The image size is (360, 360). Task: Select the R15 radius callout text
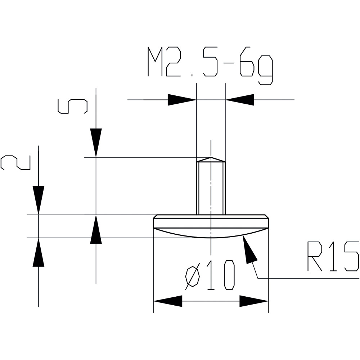tap(333, 257)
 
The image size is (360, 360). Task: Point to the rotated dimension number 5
tap(73, 107)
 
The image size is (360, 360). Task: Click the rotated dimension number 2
tap(15, 163)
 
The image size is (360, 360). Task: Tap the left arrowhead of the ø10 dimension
tap(168, 301)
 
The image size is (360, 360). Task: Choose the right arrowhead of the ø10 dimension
tap(254, 301)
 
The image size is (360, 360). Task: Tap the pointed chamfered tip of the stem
tap(211, 159)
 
